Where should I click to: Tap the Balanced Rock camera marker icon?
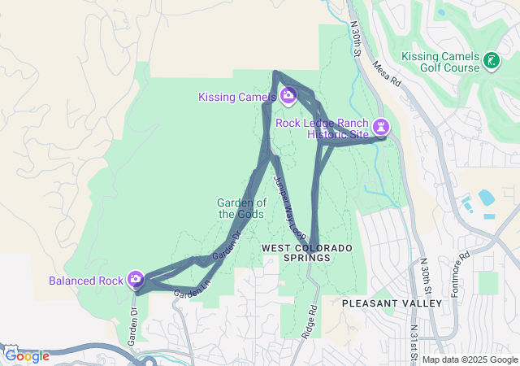click(x=136, y=281)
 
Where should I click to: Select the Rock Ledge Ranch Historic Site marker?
click(x=380, y=128)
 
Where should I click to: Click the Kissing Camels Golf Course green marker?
click(x=491, y=60)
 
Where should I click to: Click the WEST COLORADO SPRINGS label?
click(x=296, y=252)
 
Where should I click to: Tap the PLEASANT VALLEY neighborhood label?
click(x=392, y=303)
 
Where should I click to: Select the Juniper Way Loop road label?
click(x=288, y=203)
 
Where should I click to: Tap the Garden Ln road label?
click(x=192, y=291)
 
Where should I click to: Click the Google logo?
click(x=27, y=356)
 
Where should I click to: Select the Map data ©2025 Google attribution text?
click(x=469, y=359)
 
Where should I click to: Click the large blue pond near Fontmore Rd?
click(x=487, y=198)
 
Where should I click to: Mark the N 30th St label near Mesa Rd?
click(x=354, y=38)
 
